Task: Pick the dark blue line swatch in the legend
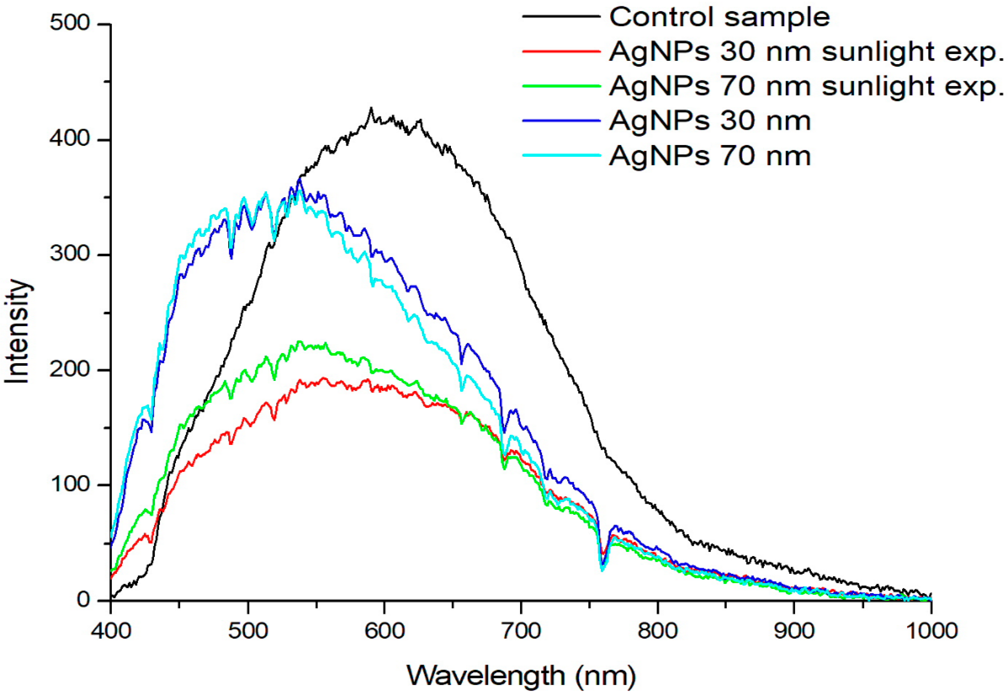tap(561, 121)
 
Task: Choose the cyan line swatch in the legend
tap(561, 155)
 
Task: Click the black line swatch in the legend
tap(561, 17)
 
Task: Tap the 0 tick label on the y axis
tap(84, 600)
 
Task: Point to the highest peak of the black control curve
tap(371, 108)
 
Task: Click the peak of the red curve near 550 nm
tap(323, 378)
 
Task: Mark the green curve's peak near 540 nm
tap(299, 341)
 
